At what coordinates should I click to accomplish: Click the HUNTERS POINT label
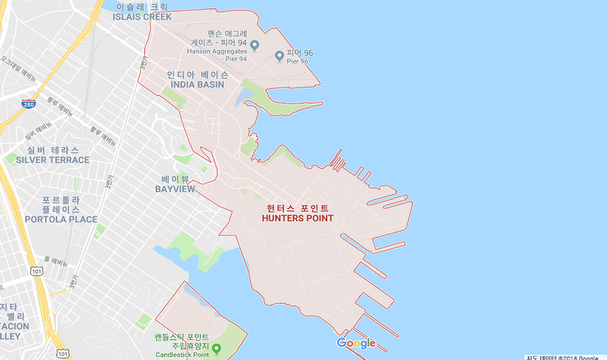click(x=297, y=218)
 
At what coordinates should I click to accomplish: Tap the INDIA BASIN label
click(x=197, y=84)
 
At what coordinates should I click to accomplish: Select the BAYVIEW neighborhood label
click(x=175, y=189)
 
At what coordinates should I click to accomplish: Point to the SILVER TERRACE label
click(x=53, y=160)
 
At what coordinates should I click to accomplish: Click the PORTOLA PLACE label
click(x=61, y=219)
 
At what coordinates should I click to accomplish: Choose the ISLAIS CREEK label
click(x=142, y=17)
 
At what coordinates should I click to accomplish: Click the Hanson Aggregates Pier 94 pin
click(x=255, y=45)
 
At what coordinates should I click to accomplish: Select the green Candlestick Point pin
click(x=217, y=349)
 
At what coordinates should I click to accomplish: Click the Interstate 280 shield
click(x=28, y=104)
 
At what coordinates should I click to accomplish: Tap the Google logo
click(x=356, y=343)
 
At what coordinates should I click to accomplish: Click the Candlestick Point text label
click(x=183, y=355)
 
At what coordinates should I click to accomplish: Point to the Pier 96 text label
click(x=298, y=61)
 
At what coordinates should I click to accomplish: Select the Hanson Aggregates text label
click(x=217, y=51)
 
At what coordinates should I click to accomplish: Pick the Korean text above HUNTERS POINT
click(x=297, y=208)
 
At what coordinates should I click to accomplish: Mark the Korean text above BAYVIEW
click(x=175, y=179)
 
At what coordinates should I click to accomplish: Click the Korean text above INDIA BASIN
click(x=197, y=75)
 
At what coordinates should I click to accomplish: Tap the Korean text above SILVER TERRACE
click(x=53, y=150)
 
